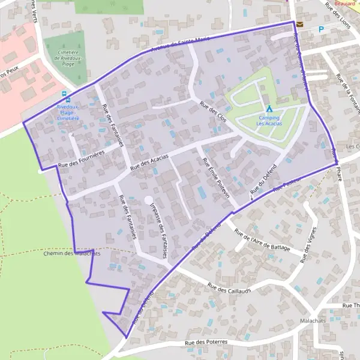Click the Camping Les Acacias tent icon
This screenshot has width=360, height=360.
269,108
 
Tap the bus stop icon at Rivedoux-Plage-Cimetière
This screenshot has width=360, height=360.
65,94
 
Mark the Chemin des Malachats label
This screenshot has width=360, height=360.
73,254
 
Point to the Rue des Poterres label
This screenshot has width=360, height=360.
207,343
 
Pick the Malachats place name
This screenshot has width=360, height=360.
314,322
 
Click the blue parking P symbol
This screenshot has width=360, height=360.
321,28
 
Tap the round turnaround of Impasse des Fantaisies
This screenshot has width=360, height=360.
148,200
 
